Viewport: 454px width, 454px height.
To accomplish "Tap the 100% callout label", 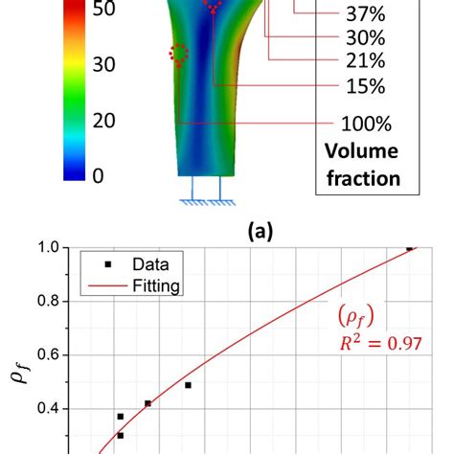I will pyautogui.click(x=364, y=125).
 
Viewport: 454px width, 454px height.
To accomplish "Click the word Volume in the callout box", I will pyautogui.click(x=358, y=152).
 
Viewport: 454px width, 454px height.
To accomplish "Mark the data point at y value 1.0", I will pyautogui.click(x=410, y=247).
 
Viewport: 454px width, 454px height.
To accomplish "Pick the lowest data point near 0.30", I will pyautogui.click(x=120, y=436).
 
